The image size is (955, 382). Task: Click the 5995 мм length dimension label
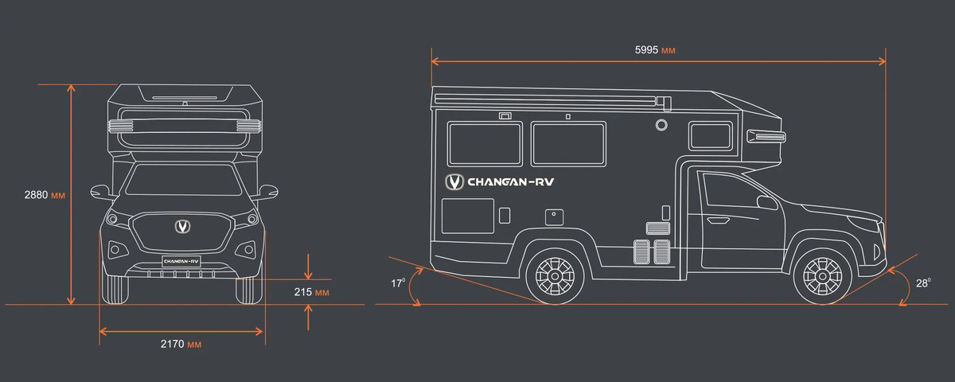(655, 50)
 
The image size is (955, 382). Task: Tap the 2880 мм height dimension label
(44, 194)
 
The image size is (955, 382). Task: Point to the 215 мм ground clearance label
(312, 292)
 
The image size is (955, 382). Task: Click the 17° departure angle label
(398, 282)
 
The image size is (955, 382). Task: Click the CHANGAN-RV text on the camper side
(510, 181)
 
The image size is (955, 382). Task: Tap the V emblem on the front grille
(182, 227)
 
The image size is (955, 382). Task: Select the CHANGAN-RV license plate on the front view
(181, 260)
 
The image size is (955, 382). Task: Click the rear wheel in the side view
(554, 275)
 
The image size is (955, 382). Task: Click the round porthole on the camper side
(661, 125)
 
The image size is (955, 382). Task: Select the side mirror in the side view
(767, 202)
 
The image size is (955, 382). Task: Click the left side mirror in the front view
(99, 191)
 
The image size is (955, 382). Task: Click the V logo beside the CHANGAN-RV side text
(454, 182)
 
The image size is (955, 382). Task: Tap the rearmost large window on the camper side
(484, 143)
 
